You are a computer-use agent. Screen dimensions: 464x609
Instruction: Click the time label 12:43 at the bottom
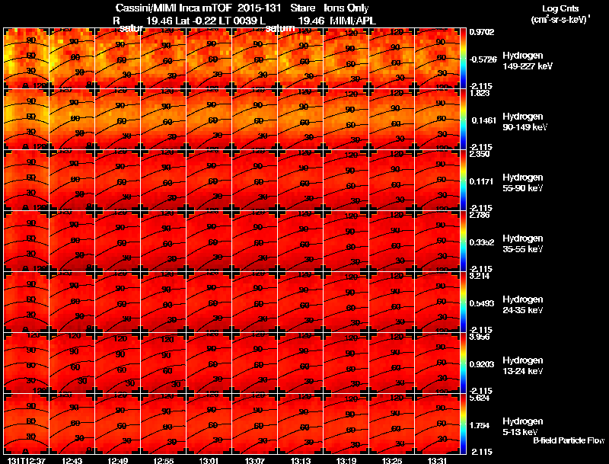click(x=74, y=459)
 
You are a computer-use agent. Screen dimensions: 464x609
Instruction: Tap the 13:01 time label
click(x=210, y=459)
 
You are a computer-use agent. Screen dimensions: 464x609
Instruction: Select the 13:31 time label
click(x=438, y=459)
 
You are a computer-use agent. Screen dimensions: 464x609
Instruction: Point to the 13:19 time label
click(x=346, y=459)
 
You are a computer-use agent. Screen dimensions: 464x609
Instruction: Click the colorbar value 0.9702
click(x=481, y=32)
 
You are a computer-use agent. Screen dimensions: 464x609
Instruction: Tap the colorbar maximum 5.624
click(x=481, y=398)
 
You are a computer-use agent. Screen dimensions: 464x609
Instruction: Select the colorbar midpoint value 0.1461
click(x=481, y=120)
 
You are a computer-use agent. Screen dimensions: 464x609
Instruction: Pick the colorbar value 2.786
click(x=481, y=216)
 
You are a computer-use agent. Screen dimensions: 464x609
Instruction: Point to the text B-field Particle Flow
click(x=569, y=440)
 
